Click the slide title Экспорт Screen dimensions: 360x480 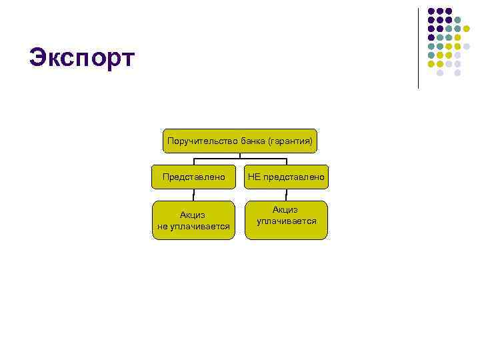pyautogui.click(x=81, y=57)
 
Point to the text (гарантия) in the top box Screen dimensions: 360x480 pyautogui.click(x=289, y=141)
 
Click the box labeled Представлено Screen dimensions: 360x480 pyautogui.click(x=193, y=177)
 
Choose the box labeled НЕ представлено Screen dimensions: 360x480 pyautogui.click(x=286, y=177)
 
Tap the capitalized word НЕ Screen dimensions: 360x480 pyautogui.click(x=254, y=177)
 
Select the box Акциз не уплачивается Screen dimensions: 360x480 pyautogui.click(x=193, y=220)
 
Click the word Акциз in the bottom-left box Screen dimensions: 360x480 pyautogui.click(x=193, y=215)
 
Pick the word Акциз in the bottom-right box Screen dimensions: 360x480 pyautogui.click(x=286, y=209)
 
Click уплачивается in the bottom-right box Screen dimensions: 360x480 pyautogui.click(x=286, y=221)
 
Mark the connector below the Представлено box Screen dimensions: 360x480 pyautogui.click(x=193, y=195)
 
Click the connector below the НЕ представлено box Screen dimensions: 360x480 pyautogui.click(x=286, y=195)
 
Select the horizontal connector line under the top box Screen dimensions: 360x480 pyautogui.click(x=240, y=159)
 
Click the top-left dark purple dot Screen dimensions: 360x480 pyautogui.click(x=431, y=11)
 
